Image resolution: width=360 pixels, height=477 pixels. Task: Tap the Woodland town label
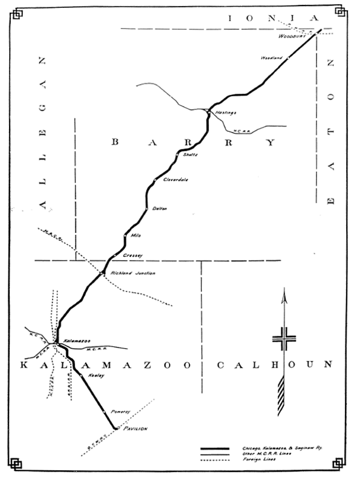coord(271,58)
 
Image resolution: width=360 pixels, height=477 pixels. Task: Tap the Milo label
coord(135,235)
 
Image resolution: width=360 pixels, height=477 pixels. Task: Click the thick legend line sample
coord(214,448)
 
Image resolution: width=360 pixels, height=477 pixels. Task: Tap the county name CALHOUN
coord(274,365)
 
